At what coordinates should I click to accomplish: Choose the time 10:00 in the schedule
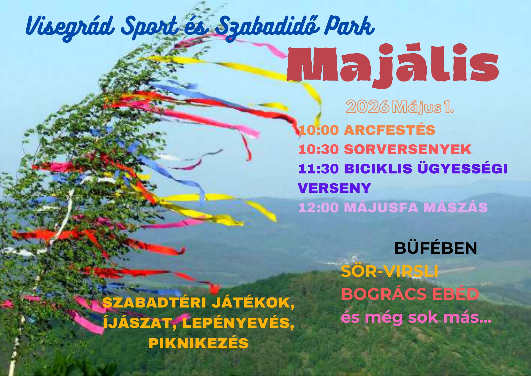tap(318, 130)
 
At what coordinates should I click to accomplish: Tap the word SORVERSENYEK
tap(407, 150)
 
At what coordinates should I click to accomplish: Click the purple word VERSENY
tap(334, 188)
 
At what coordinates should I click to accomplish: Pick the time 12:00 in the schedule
tap(318, 208)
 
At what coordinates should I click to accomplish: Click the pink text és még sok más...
tap(416, 318)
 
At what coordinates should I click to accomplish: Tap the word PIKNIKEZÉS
tap(199, 343)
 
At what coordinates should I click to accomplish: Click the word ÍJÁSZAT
tap(141, 323)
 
